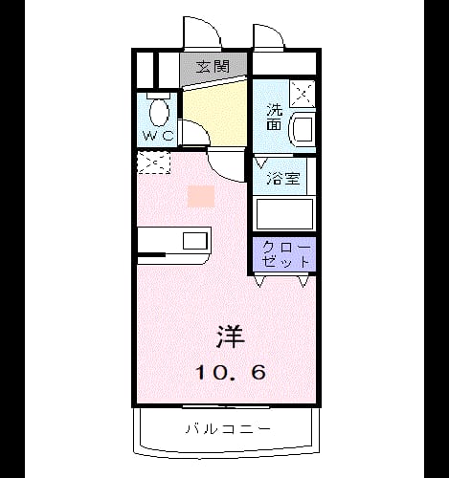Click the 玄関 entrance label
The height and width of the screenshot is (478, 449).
[x=213, y=67]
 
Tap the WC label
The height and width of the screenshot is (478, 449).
[x=159, y=136]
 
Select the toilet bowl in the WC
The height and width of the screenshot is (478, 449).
[x=159, y=113]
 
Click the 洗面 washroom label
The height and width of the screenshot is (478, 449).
[x=275, y=117]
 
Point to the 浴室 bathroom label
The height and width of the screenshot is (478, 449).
[x=283, y=178]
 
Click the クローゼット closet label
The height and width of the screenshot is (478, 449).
[x=286, y=254]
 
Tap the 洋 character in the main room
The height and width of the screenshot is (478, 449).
[x=231, y=337]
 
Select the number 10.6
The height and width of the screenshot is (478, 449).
[x=231, y=372]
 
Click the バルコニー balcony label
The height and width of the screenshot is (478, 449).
[x=228, y=429]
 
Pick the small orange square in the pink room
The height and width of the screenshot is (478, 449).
[x=201, y=196]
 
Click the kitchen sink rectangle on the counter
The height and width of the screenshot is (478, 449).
[x=195, y=241]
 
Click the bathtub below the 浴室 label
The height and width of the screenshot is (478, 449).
[x=284, y=214]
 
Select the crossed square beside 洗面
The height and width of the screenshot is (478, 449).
[x=303, y=94]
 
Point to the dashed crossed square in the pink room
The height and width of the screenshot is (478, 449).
[x=153, y=163]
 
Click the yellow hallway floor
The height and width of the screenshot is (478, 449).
[x=217, y=112]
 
